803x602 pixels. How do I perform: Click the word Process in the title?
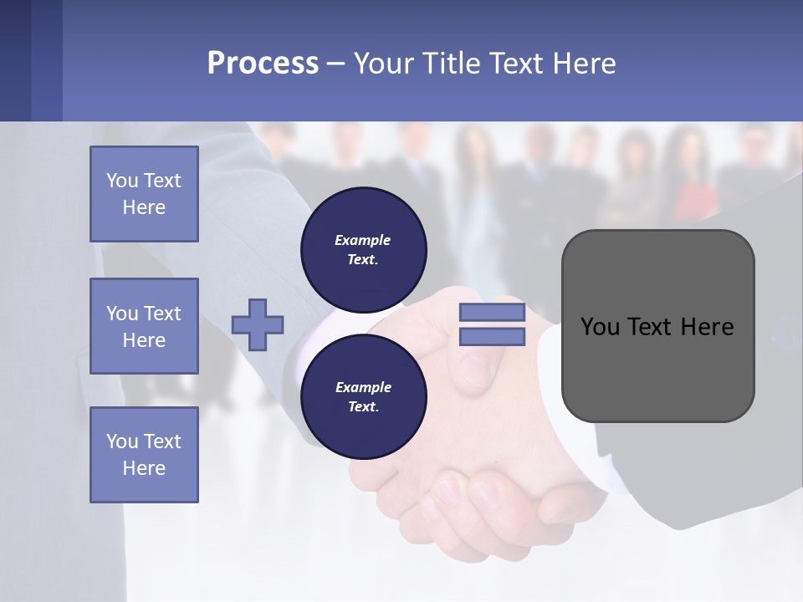click(x=263, y=64)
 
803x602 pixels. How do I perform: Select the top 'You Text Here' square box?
click(x=144, y=194)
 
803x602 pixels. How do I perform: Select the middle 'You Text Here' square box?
click(x=144, y=326)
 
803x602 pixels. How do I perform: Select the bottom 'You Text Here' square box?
click(x=144, y=455)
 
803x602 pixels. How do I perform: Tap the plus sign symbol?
click(x=258, y=324)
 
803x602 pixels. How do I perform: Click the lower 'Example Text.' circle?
click(x=363, y=396)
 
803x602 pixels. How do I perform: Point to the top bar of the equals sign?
click(x=492, y=313)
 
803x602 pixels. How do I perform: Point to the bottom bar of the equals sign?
click(x=492, y=336)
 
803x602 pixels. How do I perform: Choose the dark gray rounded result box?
click(x=657, y=376)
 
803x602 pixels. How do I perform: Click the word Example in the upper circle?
click(x=362, y=240)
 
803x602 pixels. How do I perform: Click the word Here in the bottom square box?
click(x=144, y=468)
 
